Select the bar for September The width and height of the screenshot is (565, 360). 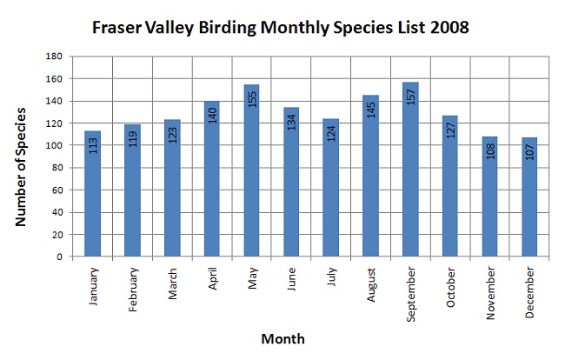(410, 170)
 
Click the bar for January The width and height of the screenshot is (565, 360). (93, 194)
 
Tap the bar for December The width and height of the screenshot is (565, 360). (529, 197)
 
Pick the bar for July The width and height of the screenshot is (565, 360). (331, 187)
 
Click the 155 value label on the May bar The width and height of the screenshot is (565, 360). (252, 99)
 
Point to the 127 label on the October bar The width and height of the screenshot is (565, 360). (450, 130)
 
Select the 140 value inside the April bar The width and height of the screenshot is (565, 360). (213, 116)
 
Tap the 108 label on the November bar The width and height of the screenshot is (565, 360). (490, 151)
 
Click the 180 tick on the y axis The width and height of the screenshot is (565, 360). (54, 57)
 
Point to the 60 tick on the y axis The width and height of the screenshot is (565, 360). (56, 190)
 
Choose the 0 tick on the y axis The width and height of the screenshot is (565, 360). (59, 257)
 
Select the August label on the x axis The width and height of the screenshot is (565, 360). (371, 284)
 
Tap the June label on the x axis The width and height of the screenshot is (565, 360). (291, 279)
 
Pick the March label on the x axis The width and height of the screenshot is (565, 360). (173, 283)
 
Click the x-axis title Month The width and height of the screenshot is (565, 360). (282, 339)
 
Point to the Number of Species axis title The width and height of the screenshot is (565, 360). (21, 167)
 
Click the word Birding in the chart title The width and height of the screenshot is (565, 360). (228, 28)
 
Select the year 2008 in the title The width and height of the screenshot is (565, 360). (449, 27)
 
